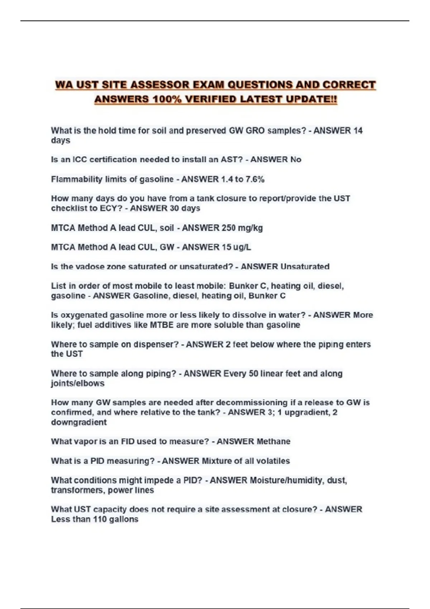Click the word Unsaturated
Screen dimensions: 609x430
305,267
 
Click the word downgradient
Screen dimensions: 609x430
79,422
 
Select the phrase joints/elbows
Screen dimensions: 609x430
78,383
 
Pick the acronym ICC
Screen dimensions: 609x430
80,160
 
